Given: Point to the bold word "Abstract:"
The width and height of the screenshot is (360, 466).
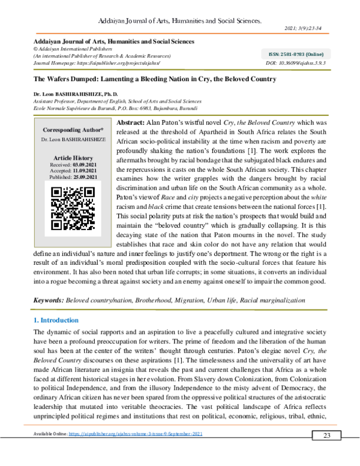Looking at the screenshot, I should tap(128, 121).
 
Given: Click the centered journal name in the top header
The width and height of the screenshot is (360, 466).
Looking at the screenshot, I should tap(180, 20).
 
